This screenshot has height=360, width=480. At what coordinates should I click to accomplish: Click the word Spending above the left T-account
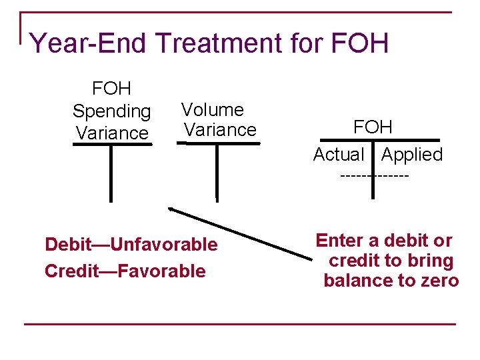point(112,111)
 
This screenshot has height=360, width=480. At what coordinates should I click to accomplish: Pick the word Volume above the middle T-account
point(213,109)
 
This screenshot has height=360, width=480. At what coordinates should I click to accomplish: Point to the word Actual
point(339,155)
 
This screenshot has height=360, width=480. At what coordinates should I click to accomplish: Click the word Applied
point(412,155)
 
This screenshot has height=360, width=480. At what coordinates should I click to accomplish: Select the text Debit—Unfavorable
point(131,245)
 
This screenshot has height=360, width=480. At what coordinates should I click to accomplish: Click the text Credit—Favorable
point(125,271)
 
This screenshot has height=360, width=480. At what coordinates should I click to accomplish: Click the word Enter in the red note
point(339,241)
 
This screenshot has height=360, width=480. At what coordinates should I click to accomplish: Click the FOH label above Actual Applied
point(373,127)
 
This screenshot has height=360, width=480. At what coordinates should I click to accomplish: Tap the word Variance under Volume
point(221,130)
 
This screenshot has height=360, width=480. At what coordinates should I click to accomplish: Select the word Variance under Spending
point(112,133)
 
